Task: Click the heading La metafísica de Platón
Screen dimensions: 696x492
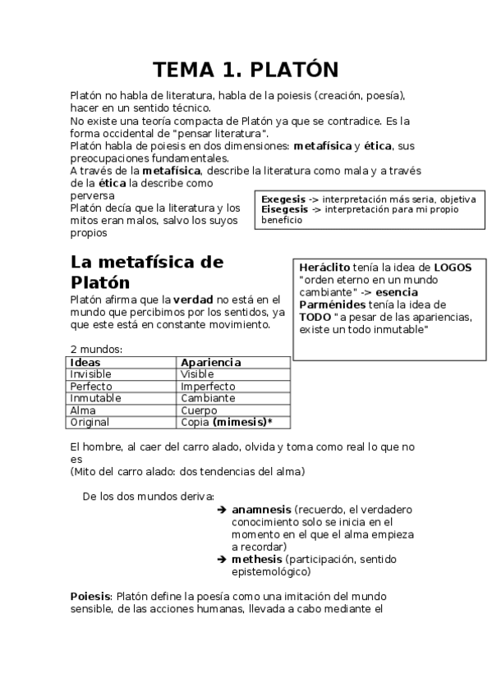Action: tap(146, 272)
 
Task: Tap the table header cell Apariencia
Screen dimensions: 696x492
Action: tap(210, 362)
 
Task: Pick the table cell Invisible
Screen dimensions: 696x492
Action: tap(90, 374)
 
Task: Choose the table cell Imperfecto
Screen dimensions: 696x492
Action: tap(208, 387)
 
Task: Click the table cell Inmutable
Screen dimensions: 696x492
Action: tap(95, 398)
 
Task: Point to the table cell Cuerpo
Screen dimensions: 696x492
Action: tap(199, 410)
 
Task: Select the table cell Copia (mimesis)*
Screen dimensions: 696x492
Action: tap(226, 422)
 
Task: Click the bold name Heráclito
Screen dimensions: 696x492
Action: tap(324, 268)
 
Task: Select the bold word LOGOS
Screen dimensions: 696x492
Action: tap(453, 268)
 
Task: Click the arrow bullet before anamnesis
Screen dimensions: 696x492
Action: tap(222, 509)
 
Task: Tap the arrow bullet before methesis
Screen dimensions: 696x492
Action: tap(222, 559)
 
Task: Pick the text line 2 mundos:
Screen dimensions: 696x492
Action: tap(95, 350)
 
